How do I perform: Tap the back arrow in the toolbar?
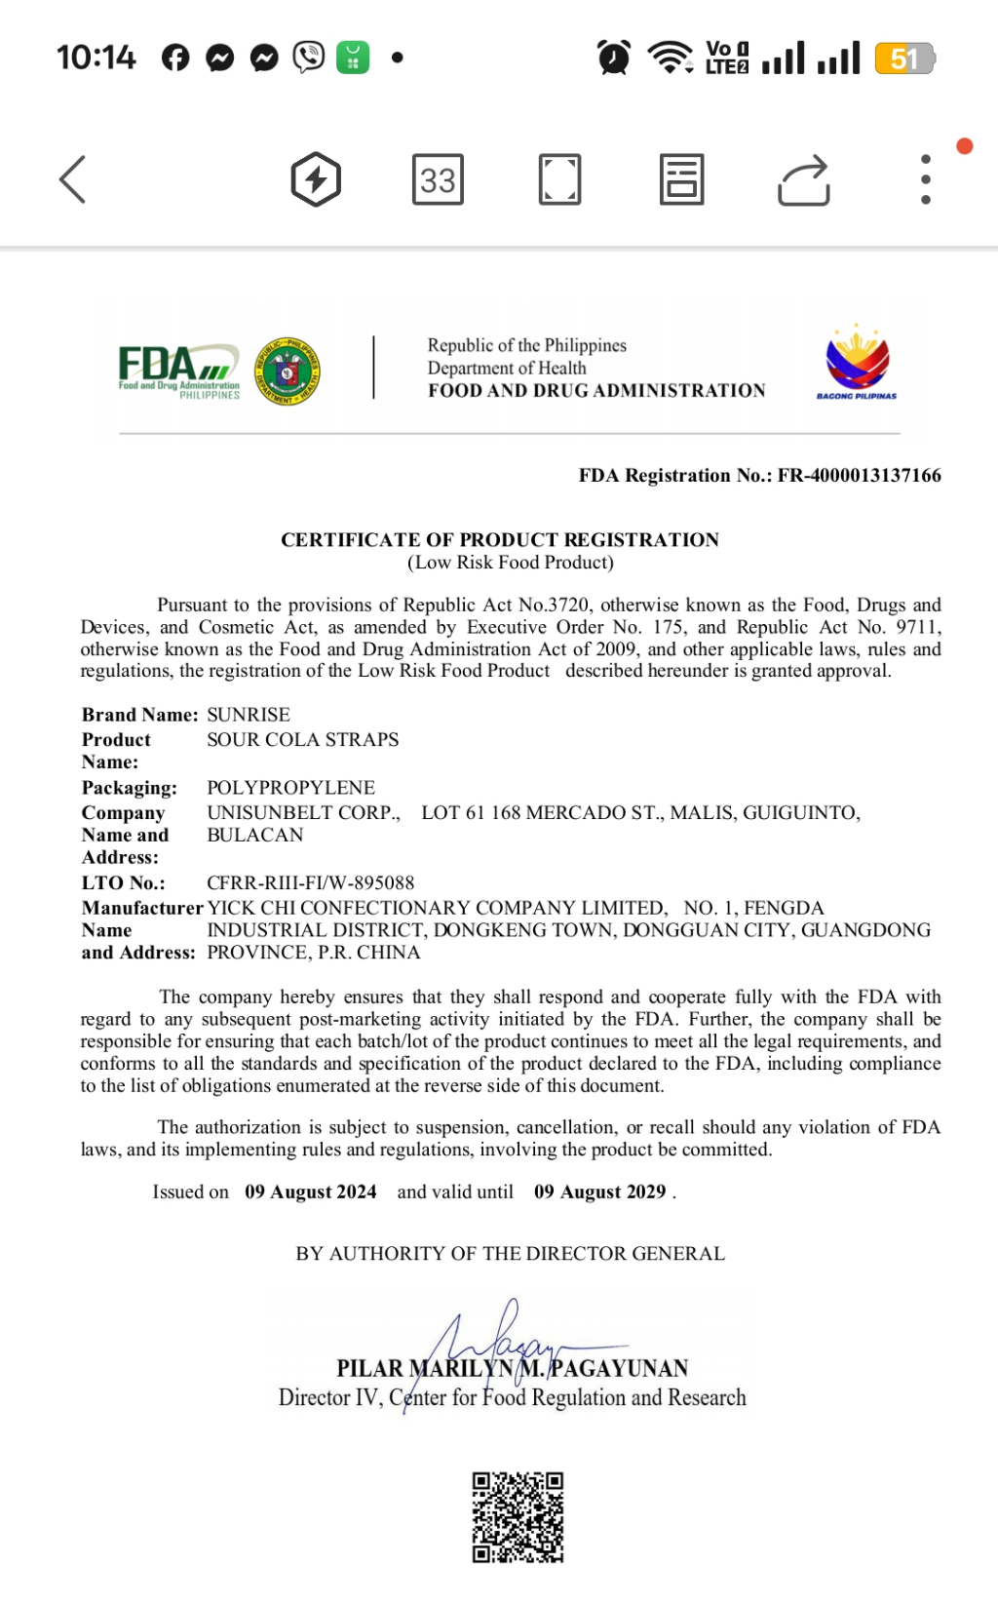[73, 179]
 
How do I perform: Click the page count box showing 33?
[438, 179]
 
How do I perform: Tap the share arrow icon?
[804, 180]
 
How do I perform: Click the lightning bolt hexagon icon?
[316, 179]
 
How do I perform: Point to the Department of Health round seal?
[288, 371]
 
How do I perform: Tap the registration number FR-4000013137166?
[859, 476]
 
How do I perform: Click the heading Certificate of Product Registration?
[500, 540]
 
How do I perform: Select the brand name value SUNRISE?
[249, 715]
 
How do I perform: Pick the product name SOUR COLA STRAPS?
[303, 739]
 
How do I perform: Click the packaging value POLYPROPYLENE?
[290, 788]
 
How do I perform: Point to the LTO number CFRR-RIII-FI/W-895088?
[311, 882]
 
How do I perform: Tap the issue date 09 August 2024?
[311, 1192]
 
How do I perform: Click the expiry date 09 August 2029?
[600, 1192]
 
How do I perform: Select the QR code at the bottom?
[518, 1517]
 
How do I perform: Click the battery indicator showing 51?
[904, 59]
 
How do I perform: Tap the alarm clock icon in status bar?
[614, 58]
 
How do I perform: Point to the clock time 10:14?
[96, 58]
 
